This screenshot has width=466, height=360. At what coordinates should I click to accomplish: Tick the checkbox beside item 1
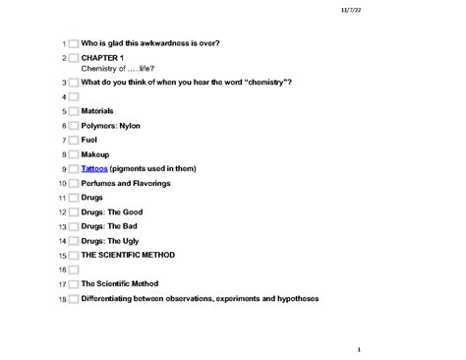(73, 44)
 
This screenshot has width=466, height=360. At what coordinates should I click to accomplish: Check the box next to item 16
(73, 270)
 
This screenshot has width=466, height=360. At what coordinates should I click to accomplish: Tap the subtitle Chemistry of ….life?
(117, 68)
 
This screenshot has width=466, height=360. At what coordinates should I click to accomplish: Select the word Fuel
(90, 141)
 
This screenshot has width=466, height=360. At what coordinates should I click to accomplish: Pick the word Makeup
(95, 154)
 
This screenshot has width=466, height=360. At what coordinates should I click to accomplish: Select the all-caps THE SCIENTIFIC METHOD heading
(128, 255)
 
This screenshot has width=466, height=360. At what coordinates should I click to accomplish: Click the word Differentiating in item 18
(112, 298)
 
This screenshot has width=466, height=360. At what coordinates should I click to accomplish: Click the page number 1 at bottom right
(360, 347)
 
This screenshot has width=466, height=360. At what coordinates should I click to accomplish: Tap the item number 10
(62, 184)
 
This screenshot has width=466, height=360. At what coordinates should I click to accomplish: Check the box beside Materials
(73, 112)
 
